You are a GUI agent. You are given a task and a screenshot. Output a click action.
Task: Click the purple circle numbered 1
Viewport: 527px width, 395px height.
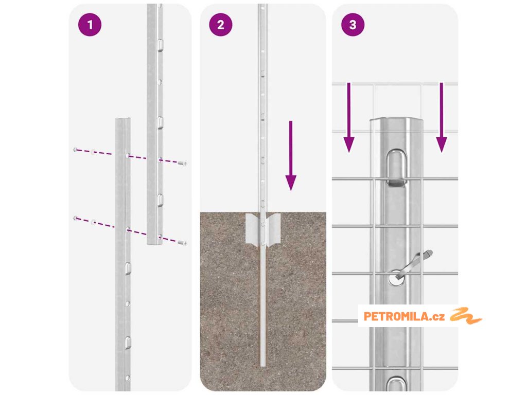(x=90, y=25)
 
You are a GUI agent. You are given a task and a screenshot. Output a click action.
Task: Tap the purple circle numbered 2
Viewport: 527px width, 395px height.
(x=220, y=25)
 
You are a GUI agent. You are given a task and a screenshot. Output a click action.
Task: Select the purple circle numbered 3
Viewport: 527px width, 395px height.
(x=353, y=25)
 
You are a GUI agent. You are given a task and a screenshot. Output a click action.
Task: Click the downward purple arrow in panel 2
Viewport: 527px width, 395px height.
(x=291, y=156)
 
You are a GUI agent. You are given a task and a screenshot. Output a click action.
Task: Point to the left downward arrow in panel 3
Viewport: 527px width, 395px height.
(x=349, y=118)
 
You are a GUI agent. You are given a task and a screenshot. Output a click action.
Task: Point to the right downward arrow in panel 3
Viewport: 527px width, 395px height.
(x=441, y=118)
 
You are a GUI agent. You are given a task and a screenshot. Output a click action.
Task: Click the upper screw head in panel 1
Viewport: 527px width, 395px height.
(x=183, y=164)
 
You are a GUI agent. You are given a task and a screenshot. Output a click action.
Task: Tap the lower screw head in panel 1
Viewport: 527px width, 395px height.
(x=183, y=243)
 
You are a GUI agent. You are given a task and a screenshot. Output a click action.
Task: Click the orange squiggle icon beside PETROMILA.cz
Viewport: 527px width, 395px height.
(x=466, y=316)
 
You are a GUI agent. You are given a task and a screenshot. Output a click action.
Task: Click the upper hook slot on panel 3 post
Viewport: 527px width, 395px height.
(x=396, y=168)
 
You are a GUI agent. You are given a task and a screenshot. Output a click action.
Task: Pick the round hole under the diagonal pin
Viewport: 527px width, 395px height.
(x=397, y=278)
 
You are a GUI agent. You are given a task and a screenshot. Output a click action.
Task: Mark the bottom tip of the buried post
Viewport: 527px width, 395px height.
(x=263, y=366)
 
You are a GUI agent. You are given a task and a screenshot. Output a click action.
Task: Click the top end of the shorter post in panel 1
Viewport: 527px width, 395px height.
(x=123, y=119)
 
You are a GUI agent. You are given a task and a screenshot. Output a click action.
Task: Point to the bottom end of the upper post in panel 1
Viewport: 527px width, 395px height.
(x=155, y=243)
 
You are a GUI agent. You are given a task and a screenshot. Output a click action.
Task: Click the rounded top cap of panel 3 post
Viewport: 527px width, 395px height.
(x=396, y=121)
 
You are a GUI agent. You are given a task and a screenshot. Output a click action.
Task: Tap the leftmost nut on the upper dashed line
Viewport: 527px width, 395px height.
(x=75, y=150)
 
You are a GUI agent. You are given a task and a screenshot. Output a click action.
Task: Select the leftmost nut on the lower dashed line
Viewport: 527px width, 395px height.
(x=75, y=218)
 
